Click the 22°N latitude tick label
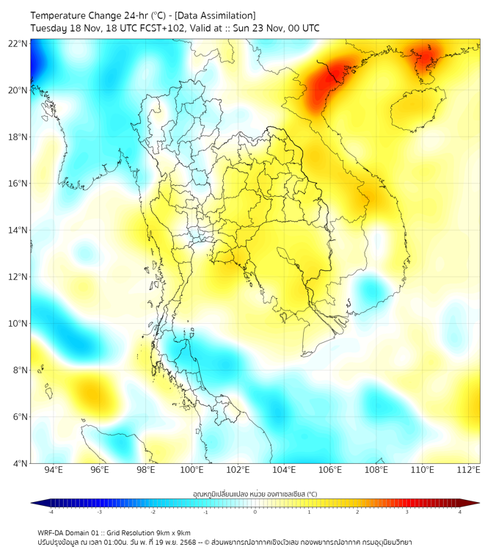[x=18, y=43]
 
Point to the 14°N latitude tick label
[x=18, y=230]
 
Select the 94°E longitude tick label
[x=54, y=470]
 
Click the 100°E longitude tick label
[x=192, y=470]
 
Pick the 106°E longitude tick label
[x=330, y=470]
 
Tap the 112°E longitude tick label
[x=468, y=470]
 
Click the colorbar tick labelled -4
[x=51, y=512]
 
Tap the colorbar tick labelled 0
[x=255, y=512]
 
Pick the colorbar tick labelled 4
[x=460, y=512]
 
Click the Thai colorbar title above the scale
[x=255, y=494]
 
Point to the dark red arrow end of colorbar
[x=474, y=503]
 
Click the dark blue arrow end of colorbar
[x=36, y=503]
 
